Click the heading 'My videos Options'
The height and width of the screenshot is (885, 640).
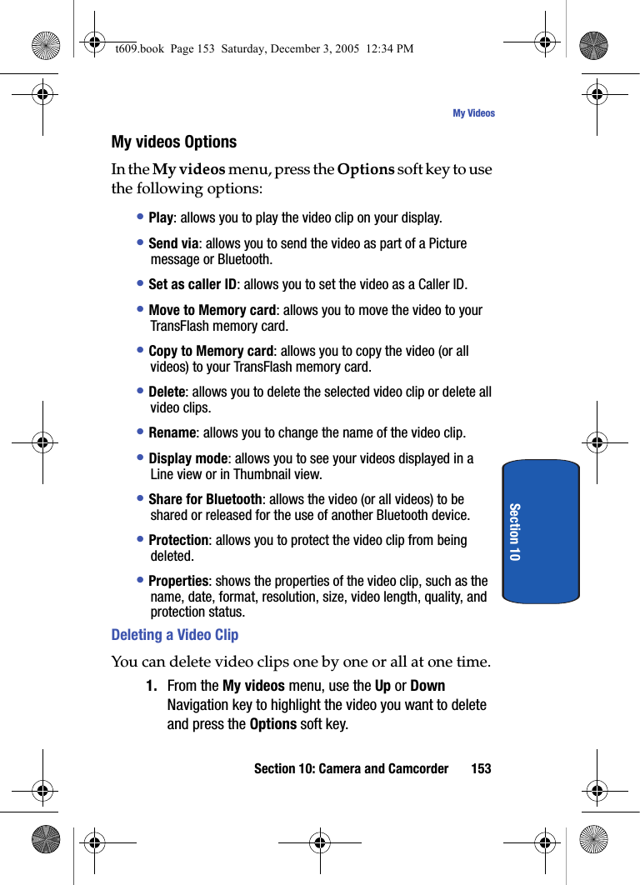(174, 142)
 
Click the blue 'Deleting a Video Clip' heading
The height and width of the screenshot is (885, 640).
(175, 635)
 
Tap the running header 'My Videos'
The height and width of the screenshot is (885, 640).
(473, 113)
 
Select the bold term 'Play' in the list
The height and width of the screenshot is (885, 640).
(161, 218)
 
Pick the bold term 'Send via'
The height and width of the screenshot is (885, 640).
(173, 243)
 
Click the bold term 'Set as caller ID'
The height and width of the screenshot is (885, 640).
(192, 285)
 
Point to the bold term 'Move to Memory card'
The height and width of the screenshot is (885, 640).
(212, 310)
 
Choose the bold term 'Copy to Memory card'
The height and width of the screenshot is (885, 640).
(211, 351)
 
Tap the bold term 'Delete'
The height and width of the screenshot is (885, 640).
(167, 392)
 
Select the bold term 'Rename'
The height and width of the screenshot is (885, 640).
(172, 433)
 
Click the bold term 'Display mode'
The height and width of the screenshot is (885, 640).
(187, 458)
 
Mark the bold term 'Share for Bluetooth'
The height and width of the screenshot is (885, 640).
(205, 499)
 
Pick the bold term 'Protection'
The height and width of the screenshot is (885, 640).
(178, 540)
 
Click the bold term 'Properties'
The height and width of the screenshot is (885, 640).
(178, 581)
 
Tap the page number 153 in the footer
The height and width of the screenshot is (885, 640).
(481, 768)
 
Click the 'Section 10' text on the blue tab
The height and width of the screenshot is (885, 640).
(514, 532)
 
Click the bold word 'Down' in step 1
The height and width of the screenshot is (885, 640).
(427, 686)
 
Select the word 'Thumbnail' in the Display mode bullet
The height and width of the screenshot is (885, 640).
(258, 474)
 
